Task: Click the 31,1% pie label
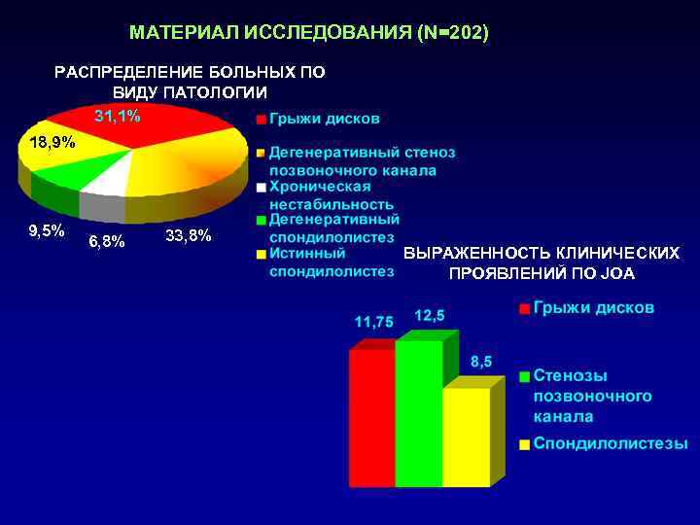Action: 117,117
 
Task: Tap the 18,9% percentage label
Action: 52,143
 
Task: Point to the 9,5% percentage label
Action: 47,230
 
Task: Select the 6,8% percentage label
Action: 106,241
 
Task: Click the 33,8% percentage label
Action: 189,235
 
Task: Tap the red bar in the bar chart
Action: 371,418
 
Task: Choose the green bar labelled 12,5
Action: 418,413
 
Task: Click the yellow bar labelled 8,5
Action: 466,437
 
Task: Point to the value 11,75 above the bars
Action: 373,321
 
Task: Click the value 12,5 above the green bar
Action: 430,315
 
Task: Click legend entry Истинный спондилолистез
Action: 331,262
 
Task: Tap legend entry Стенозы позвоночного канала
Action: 591,396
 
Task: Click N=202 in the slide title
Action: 452,34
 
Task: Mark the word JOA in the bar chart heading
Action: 617,273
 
